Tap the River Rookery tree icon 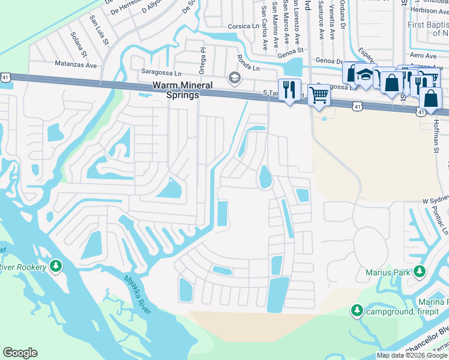56,265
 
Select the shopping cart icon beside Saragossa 319,94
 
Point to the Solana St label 78,43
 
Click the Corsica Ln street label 243,27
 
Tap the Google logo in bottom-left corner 20,353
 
